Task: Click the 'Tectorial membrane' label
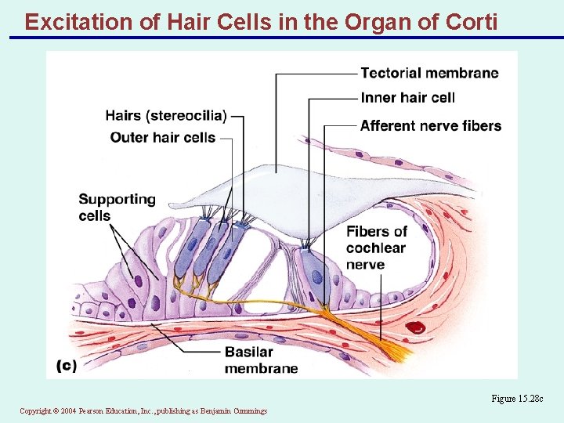pyautogui.click(x=429, y=74)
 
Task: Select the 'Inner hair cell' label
pyautogui.click(x=407, y=98)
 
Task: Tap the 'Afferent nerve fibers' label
pyautogui.click(x=430, y=125)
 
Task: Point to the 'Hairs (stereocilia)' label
pyautogui.click(x=166, y=116)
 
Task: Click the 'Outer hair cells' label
pyautogui.click(x=163, y=138)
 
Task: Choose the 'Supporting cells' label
pyautogui.click(x=117, y=208)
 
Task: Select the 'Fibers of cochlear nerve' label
pyautogui.click(x=377, y=248)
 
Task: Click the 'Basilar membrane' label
pyautogui.click(x=261, y=360)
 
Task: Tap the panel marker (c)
pyautogui.click(x=67, y=366)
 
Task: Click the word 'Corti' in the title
pyautogui.click(x=467, y=21)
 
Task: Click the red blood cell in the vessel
pyautogui.click(x=412, y=328)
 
